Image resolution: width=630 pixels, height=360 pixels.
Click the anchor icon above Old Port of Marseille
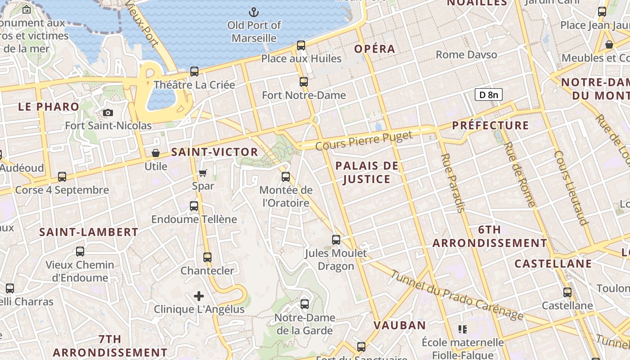(254, 12)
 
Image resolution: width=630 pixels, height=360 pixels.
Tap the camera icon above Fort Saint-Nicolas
(108, 113)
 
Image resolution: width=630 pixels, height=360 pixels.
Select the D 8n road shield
(488, 94)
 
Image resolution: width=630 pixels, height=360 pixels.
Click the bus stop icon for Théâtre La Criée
(194, 72)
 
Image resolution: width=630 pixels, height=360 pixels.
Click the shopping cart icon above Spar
(203, 173)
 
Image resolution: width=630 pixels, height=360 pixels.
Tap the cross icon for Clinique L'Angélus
(199, 296)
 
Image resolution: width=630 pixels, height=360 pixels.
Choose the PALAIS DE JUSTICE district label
(367, 172)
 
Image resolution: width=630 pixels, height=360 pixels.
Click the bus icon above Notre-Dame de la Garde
(305, 304)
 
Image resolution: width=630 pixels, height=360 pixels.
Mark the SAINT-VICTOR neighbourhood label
(215, 152)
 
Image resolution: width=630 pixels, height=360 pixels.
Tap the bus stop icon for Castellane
(567, 292)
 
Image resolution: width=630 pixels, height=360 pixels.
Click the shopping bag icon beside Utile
(156, 153)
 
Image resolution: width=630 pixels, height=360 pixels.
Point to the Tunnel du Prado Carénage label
(457, 295)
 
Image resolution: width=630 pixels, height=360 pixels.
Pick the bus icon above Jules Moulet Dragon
(336, 240)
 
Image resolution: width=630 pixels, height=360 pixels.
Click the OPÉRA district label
(374, 49)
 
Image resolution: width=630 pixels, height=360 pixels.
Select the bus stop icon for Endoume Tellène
(194, 206)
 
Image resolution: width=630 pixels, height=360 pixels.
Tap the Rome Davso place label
(466, 55)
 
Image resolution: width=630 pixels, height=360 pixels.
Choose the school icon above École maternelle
(462, 329)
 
